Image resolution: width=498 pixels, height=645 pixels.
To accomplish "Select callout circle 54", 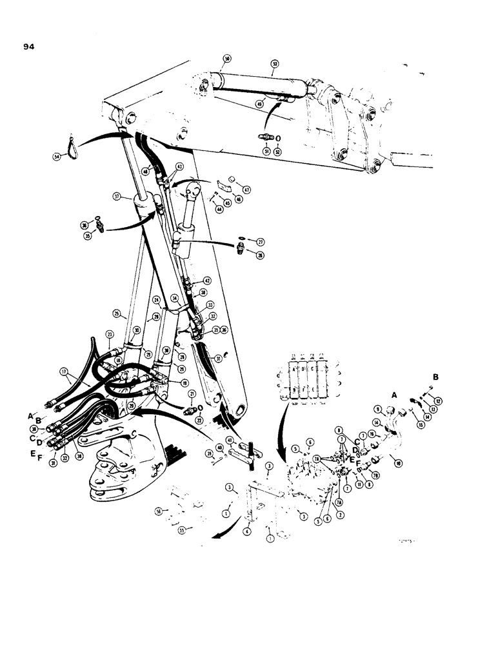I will pos(57,155).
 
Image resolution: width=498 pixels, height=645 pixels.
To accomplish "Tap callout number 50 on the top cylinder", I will pos(227,59).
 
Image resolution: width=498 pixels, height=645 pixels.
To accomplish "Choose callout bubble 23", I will pos(110,334).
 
